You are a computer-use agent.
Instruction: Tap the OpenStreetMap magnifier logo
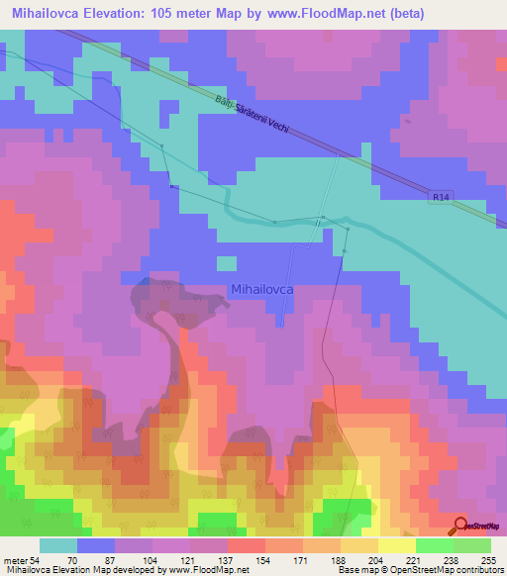point(461,525)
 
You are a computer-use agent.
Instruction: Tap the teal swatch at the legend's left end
point(58,545)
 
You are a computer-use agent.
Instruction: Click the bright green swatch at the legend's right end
point(471,545)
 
